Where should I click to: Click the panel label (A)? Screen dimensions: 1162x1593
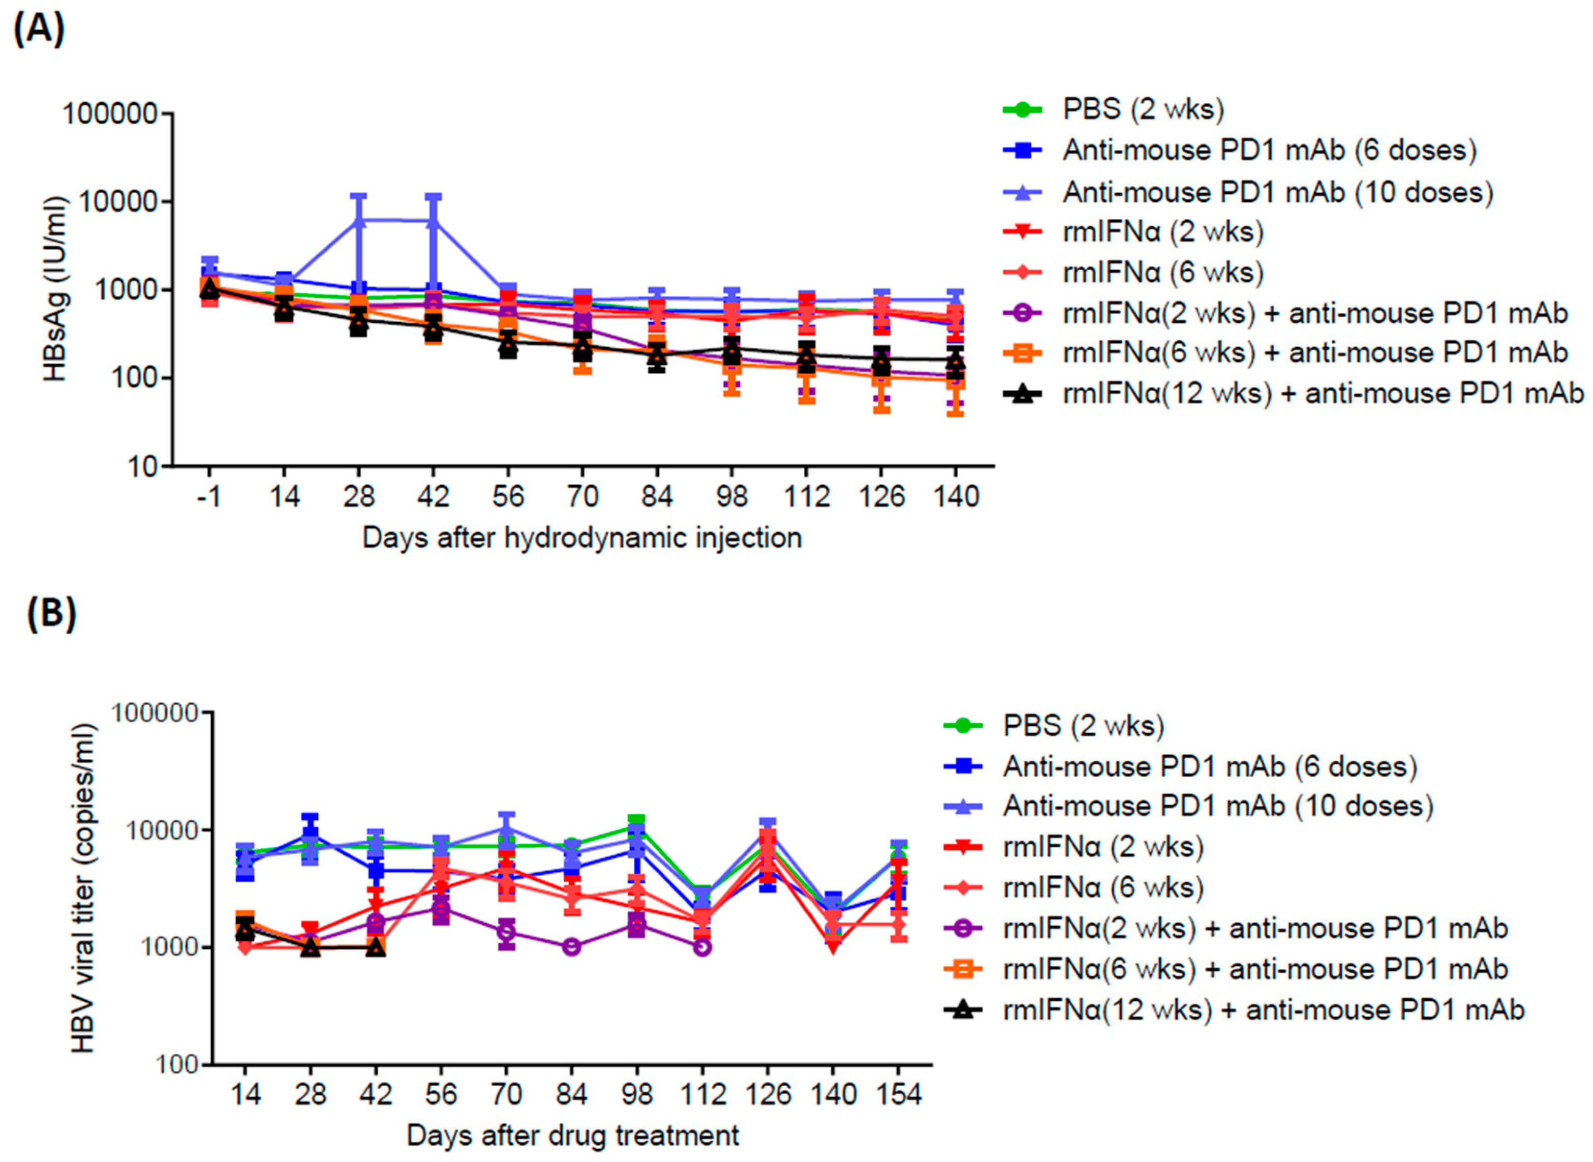(x=39, y=30)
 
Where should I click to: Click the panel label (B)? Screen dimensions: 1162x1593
(x=51, y=613)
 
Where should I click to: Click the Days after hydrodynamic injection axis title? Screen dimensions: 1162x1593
(x=581, y=538)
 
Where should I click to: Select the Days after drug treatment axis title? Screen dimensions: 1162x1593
(x=572, y=1135)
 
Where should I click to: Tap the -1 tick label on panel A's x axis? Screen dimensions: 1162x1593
(x=209, y=497)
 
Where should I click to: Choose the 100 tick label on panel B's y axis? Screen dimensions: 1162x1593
(x=177, y=1065)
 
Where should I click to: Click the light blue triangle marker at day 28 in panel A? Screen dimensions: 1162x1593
(x=358, y=221)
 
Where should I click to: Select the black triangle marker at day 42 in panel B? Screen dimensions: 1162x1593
(x=376, y=947)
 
